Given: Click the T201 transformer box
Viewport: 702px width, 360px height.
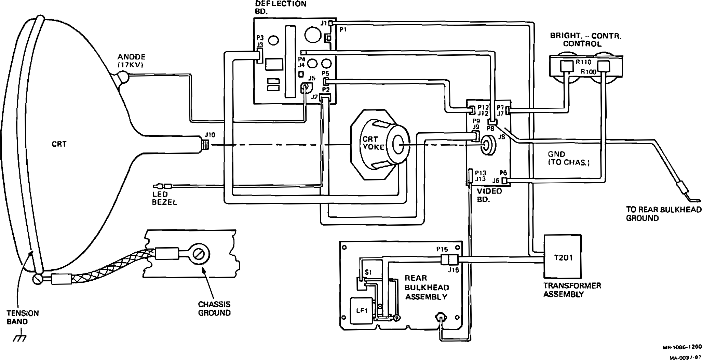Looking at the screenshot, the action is [562, 257].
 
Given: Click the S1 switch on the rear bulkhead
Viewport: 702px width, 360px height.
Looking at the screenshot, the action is [361, 284].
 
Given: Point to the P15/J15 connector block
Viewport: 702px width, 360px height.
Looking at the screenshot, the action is [449, 260].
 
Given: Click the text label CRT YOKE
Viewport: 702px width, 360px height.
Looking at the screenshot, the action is [373, 143].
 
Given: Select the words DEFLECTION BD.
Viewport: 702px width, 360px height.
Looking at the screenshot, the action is [281, 7].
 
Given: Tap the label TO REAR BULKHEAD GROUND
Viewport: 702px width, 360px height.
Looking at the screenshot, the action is [664, 214].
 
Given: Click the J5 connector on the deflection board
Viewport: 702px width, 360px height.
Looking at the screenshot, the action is [305, 88].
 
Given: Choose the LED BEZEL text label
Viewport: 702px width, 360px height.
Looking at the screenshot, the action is [164, 198].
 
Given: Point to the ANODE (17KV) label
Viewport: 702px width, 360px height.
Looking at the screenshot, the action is [132, 61].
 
